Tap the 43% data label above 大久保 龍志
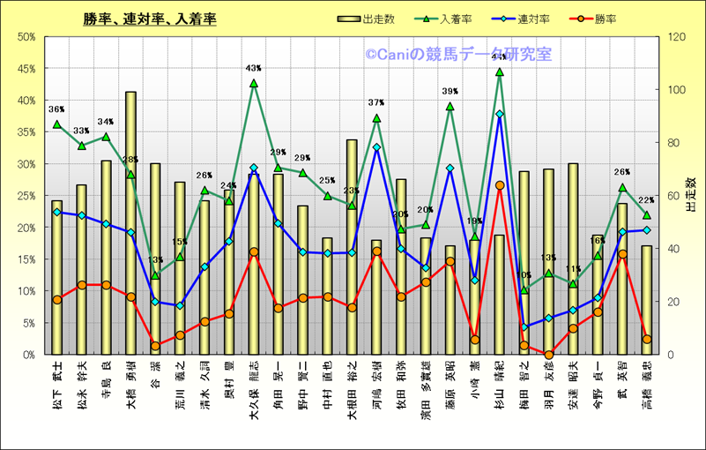click(x=254, y=68)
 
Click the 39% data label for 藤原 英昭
click(x=450, y=92)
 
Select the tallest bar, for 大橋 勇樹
click(x=130, y=221)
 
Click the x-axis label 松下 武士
click(x=57, y=385)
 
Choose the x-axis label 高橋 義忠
click(x=646, y=385)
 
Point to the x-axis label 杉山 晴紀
click(x=499, y=385)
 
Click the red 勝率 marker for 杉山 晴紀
click(x=499, y=185)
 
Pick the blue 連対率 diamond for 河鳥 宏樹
click(x=376, y=147)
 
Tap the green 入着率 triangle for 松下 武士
click(x=57, y=124)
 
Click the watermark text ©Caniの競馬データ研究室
click(x=458, y=55)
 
